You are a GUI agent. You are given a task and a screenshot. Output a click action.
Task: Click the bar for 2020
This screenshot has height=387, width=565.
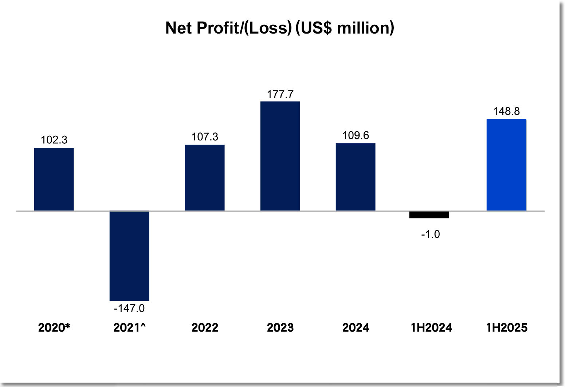click(54, 179)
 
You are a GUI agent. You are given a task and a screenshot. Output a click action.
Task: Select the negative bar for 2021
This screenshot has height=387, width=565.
click(129, 256)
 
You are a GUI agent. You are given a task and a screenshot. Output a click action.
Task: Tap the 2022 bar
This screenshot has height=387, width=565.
click(205, 178)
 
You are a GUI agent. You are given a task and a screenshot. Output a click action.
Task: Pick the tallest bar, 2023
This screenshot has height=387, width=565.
click(280, 156)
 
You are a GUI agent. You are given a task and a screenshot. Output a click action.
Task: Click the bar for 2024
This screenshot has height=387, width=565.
click(356, 177)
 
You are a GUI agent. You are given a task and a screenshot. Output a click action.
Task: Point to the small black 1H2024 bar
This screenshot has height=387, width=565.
click(429, 215)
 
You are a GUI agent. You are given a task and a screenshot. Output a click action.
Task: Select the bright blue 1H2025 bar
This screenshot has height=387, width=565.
click(506, 165)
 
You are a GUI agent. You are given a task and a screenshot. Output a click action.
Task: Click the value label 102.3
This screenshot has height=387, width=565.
click(54, 140)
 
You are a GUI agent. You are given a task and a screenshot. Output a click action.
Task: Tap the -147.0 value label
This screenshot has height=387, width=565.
click(129, 308)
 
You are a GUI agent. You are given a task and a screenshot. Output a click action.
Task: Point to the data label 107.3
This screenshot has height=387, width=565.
click(205, 137)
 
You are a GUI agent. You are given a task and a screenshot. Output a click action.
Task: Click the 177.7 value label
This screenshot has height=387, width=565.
click(280, 94)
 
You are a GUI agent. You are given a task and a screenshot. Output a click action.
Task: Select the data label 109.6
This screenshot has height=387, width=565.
click(356, 135)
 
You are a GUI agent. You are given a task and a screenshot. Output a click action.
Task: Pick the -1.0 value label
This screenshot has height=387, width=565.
click(430, 234)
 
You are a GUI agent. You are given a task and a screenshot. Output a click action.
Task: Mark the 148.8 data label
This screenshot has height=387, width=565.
click(506, 111)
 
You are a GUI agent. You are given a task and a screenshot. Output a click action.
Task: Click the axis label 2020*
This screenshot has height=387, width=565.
click(54, 328)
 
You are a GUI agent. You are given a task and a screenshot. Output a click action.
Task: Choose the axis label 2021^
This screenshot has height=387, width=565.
click(129, 328)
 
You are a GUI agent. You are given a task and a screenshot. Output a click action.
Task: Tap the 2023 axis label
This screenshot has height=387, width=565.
click(280, 328)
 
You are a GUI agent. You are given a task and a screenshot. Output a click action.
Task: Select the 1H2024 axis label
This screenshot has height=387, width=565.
click(431, 328)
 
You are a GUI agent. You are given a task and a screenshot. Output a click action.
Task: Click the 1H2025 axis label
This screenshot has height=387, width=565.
click(507, 328)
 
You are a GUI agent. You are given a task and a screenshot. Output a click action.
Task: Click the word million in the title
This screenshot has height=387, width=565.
click(363, 28)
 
